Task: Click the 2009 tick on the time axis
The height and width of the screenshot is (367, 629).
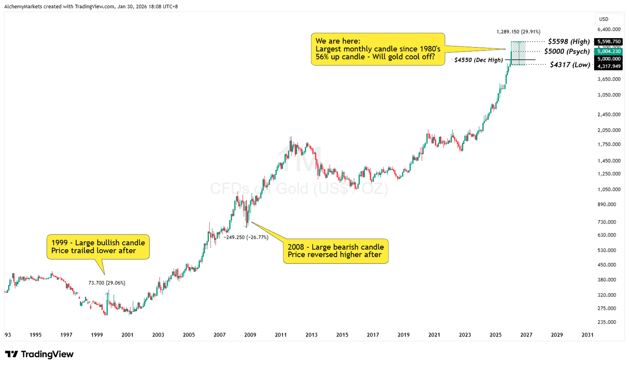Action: (x=250, y=335)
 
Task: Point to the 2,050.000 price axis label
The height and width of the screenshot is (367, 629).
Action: (x=609, y=130)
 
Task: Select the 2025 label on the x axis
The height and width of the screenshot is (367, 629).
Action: (x=496, y=335)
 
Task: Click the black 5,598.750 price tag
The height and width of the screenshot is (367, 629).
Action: (x=609, y=42)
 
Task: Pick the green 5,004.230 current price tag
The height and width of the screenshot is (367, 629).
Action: (x=609, y=51)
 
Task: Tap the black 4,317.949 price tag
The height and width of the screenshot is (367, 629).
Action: (x=609, y=66)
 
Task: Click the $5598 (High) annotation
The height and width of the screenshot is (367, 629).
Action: (x=569, y=41)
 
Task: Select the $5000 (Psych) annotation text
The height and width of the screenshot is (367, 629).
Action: (x=567, y=51)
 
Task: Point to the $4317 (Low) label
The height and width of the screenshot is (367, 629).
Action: (x=570, y=64)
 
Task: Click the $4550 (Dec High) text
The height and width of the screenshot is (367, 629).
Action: (x=478, y=60)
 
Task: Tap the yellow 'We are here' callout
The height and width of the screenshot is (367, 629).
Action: (x=378, y=49)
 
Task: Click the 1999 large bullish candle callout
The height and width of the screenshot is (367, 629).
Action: (x=98, y=247)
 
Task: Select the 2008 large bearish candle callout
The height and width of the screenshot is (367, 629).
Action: (x=335, y=251)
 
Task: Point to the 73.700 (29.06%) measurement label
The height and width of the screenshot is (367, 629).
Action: (x=107, y=283)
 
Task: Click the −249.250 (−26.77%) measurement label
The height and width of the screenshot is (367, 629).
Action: (x=246, y=237)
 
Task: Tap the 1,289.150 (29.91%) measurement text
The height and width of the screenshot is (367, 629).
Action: (x=518, y=32)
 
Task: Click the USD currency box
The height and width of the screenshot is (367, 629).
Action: (x=604, y=19)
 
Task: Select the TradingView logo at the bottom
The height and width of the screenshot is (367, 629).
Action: (x=39, y=354)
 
